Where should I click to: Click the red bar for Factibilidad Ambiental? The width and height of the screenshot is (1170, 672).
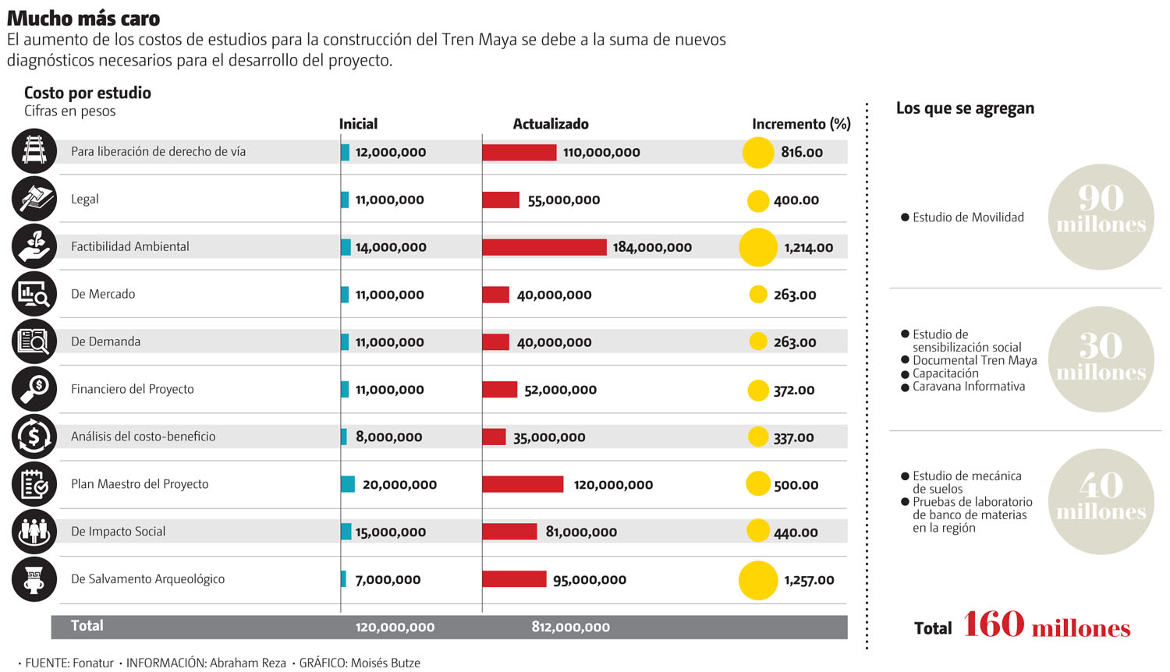pyautogui.click(x=544, y=247)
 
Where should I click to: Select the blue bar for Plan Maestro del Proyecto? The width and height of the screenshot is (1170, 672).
pyautogui.click(x=348, y=484)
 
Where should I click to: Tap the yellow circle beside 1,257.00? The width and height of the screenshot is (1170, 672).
pyautogui.click(x=758, y=580)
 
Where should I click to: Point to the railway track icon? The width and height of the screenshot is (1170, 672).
pyautogui.click(x=34, y=151)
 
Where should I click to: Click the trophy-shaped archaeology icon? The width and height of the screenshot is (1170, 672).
pyautogui.click(x=34, y=579)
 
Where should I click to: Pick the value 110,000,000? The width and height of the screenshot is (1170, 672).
pyautogui.click(x=601, y=153)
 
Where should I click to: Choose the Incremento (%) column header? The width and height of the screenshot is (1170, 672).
pyautogui.click(x=801, y=124)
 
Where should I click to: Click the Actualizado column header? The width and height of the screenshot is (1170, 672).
pyautogui.click(x=551, y=124)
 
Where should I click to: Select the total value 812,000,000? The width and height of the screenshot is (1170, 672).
pyautogui.click(x=571, y=627)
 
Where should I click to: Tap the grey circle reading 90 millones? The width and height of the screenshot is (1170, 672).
pyautogui.click(x=1101, y=217)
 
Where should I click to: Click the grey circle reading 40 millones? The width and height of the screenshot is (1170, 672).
pyautogui.click(x=1101, y=501)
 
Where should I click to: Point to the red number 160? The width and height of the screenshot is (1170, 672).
pyautogui.click(x=993, y=624)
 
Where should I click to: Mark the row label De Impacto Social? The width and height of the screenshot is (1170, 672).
pyautogui.click(x=119, y=532)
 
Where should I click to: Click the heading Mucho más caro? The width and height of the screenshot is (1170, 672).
pyautogui.click(x=83, y=18)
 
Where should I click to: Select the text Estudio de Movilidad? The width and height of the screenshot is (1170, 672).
pyautogui.click(x=968, y=218)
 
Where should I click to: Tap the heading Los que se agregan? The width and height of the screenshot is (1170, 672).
pyautogui.click(x=965, y=108)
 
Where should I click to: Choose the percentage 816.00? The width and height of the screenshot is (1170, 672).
pyautogui.click(x=802, y=153)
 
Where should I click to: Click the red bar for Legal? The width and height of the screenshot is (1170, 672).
pyautogui.click(x=501, y=200)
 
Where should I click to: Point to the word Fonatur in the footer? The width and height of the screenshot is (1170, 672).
pyautogui.click(x=93, y=663)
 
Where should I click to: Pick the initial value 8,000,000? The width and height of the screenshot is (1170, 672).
pyautogui.click(x=388, y=437)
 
